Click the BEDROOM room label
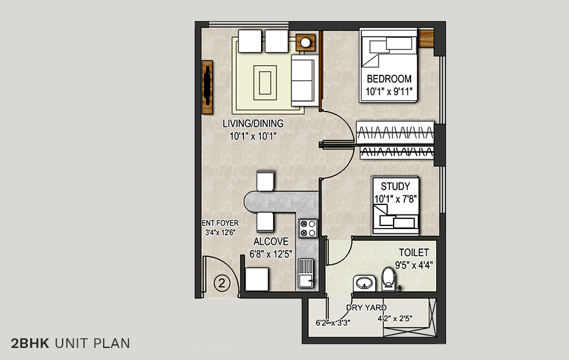[x=389, y=79]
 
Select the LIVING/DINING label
[x=253, y=124]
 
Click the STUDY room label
[x=395, y=186]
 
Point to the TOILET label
[x=413, y=253]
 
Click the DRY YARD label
[x=366, y=308]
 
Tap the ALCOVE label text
[x=271, y=241]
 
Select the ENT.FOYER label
[x=220, y=223]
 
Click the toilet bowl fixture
[x=389, y=279]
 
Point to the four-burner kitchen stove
[x=307, y=227]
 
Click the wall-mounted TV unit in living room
[x=207, y=87]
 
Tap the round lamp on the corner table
[x=306, y=42]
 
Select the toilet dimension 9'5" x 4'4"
[x=413, y=265]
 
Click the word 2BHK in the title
[x=30, y=344]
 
